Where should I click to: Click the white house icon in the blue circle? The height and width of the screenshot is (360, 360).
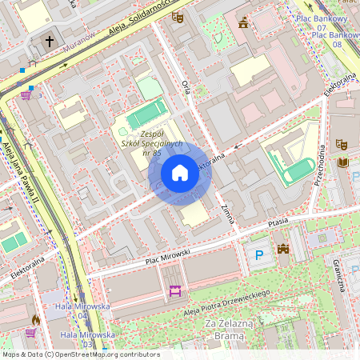click(180, 173)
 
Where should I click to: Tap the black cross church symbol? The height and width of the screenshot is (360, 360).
click(50, 42)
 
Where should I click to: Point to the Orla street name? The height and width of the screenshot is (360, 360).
click(186, 86)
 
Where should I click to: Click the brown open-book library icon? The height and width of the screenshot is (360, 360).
click(343, 162)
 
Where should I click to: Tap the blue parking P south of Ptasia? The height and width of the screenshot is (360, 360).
click(258, 255)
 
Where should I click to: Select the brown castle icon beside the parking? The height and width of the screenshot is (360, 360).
click(282, 250)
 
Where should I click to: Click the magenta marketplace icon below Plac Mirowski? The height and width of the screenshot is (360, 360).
click(174, 292)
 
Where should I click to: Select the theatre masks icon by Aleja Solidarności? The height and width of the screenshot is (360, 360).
click(177, 17)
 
